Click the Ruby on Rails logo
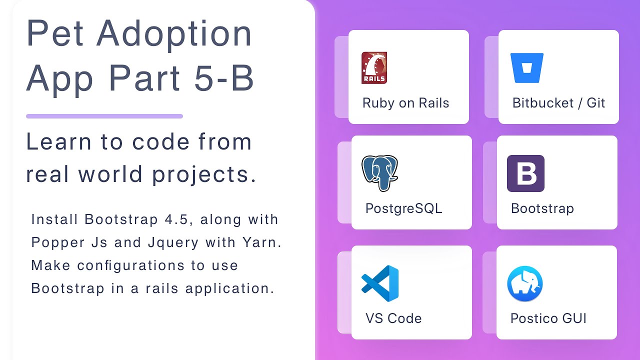pyautogui.click(x=374, y=67)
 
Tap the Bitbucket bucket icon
pyautogui.click(x=526, y=68)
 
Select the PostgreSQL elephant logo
pyautogui.click(x=379, y=173)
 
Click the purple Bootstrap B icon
pyautogui.click(x=525, y=173)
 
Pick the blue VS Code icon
pyautogui.click(x=380, y=283)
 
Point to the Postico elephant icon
pyautogui.click(x=525, y=283)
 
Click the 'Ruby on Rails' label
pyautogui.click(x=405, y=103)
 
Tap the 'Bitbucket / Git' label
pyautogui.click(x=558, y=103)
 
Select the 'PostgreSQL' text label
pyautogui.click(x=403, y=208)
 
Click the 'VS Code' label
pyautogui.click(x=393, y=318)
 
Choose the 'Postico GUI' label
pyautogui.click(x=548, y=318)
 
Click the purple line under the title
pyautogui.click(x=104, y=116)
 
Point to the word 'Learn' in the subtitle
pyautogui.click(x=57, y=142)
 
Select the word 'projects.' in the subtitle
pyautogui.click(x=204, y=174)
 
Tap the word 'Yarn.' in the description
pyautogui.click(x=262, y=242)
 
